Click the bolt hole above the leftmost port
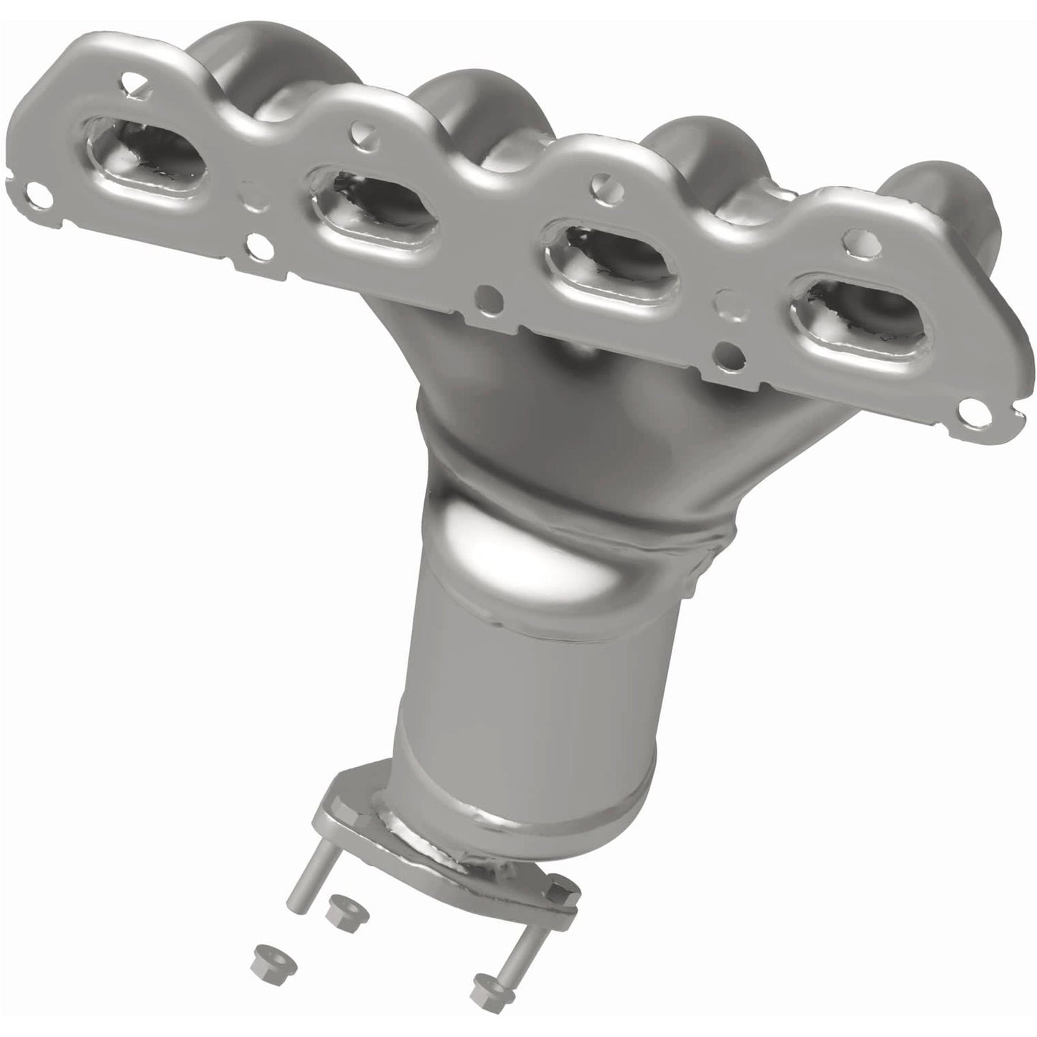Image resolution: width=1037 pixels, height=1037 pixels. [130, 80]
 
